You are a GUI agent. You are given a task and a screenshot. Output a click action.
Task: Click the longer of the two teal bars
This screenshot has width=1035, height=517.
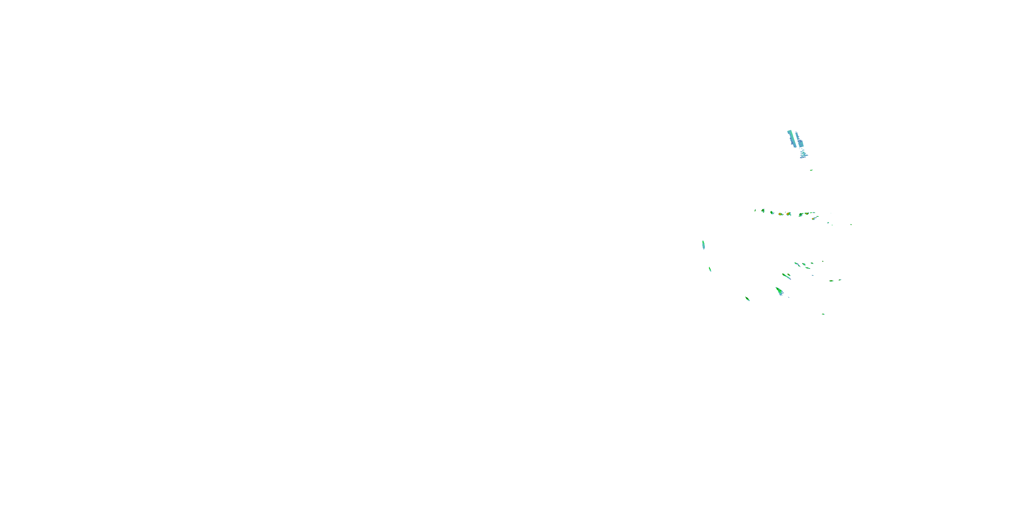791,139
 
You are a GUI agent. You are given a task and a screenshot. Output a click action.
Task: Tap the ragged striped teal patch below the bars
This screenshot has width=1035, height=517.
803,153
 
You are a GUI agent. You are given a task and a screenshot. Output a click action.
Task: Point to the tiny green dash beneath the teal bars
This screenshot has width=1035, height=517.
811,170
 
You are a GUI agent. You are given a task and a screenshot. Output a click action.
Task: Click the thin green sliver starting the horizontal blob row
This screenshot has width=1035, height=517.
755,210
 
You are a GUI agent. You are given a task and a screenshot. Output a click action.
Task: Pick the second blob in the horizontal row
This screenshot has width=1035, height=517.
763,211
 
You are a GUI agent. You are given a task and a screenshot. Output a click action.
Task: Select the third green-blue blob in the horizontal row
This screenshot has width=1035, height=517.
772,213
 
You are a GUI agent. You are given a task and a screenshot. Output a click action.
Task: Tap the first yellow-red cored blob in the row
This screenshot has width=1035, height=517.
781,214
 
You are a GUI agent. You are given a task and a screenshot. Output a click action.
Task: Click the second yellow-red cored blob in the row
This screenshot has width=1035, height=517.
789,214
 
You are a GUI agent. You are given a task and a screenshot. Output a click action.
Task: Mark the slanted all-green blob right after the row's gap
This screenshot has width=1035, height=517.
801,215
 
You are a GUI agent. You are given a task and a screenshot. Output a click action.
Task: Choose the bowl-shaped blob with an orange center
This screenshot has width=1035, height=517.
807,214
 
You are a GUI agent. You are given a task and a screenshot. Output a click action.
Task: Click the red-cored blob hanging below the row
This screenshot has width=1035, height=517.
813,219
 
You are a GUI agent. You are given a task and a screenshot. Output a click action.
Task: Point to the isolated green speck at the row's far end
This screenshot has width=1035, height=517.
851,225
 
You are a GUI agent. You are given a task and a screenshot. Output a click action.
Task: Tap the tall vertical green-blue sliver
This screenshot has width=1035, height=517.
703,245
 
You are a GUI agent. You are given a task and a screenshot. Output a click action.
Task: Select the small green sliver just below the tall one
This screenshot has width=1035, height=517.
710,269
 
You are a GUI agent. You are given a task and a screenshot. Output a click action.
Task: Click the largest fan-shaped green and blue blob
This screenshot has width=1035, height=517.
780,291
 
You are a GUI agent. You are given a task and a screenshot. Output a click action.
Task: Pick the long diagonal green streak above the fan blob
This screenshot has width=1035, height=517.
786,276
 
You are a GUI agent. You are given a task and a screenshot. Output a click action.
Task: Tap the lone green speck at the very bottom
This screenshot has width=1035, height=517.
823,314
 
